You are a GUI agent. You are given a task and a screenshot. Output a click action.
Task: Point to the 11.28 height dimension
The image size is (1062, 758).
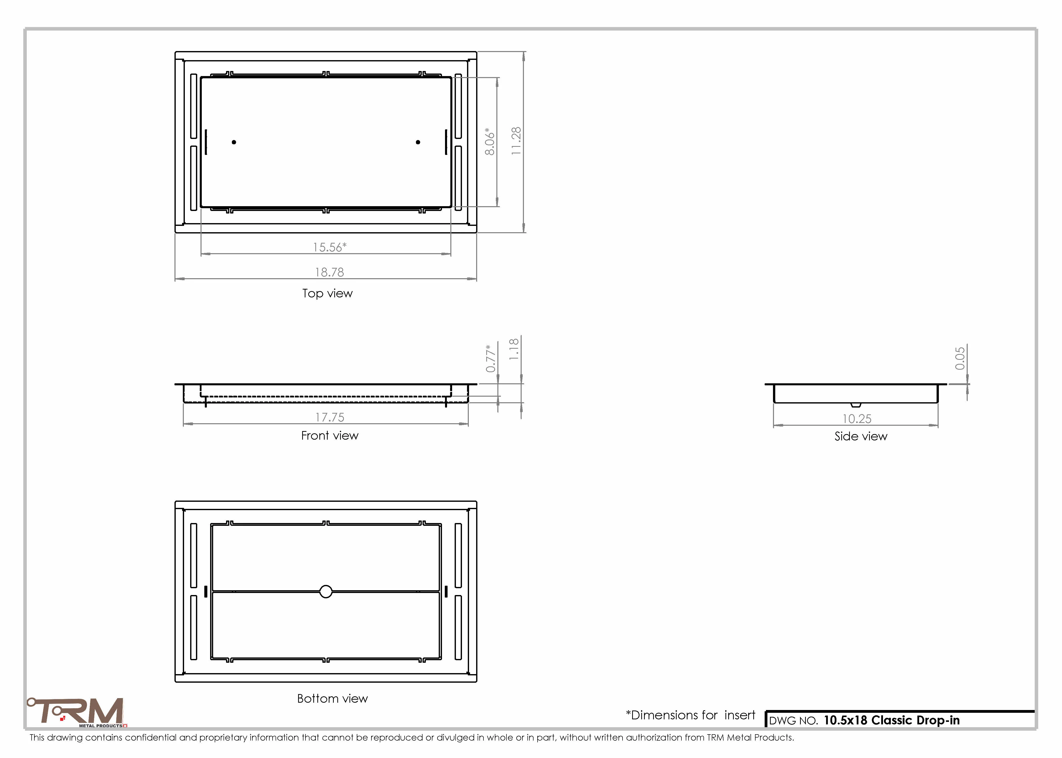pos(516,141)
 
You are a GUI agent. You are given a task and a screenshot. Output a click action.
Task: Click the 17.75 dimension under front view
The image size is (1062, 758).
pos(330,417)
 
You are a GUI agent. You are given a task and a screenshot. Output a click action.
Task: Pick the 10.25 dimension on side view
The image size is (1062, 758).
pos(857,419)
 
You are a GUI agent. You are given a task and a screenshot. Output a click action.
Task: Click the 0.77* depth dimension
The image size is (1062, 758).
pos(490,359)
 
